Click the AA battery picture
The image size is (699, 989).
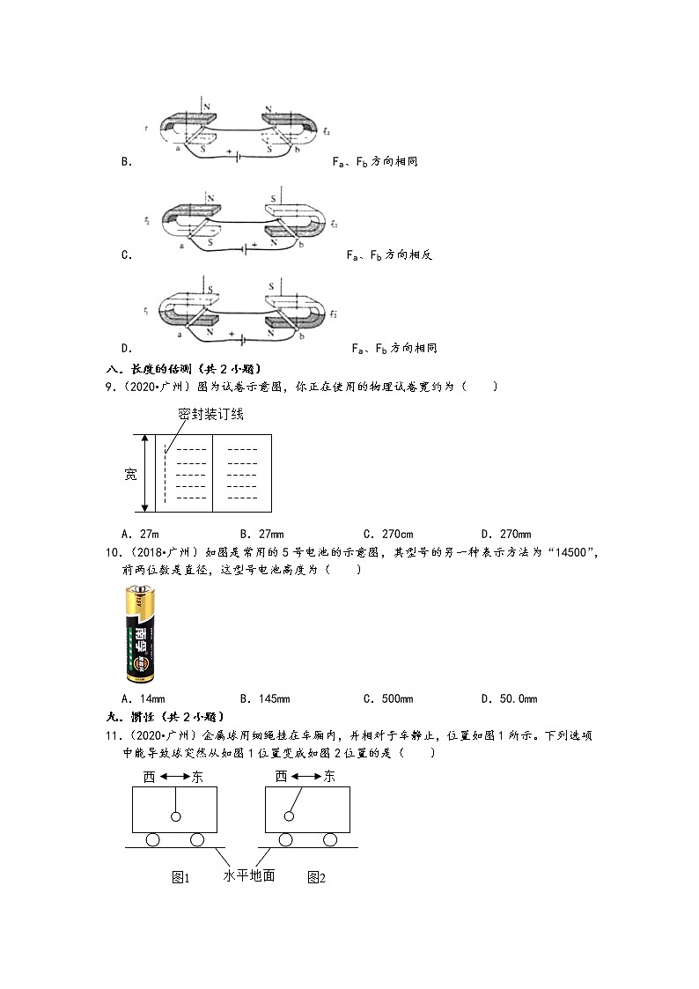(x=140, y=636)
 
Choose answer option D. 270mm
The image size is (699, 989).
(x=506, y=534)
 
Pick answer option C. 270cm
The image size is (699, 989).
(x=387, y=534)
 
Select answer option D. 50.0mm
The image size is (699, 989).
(x=509, y=698)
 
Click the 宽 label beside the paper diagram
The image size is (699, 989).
(x=130, y=475)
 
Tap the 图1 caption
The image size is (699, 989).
(x=181, y=877)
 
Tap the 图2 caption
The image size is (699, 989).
(x=317, y=877)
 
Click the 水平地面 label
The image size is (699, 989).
(x=249, y=875)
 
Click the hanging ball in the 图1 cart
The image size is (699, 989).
(x=176, y=817)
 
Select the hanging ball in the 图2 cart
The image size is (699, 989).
(x=287, y=817)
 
